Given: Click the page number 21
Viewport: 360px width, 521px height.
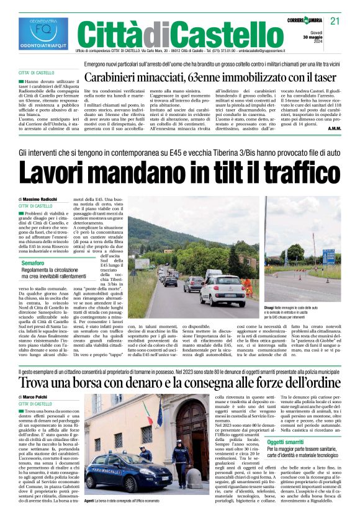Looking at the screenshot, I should (x=335, y=22).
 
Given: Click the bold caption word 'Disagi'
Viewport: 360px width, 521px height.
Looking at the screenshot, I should (x=269, y=307).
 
